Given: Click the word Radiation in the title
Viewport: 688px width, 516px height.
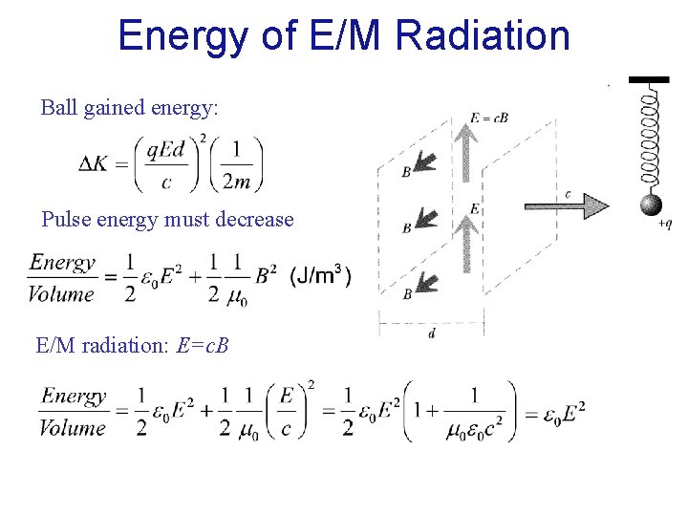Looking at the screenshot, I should coord(483,36).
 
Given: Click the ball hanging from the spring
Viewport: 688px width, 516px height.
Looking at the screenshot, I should coord(651,205).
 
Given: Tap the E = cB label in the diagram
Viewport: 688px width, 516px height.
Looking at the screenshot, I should coord(488,118).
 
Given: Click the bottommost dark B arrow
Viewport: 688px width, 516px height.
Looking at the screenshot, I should coord(423,283).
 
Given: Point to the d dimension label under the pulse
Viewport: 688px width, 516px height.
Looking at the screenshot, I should coord(432,334).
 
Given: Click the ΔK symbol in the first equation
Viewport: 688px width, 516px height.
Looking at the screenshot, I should coord(94,163).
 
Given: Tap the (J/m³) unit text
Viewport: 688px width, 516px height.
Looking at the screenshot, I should coord(320,277).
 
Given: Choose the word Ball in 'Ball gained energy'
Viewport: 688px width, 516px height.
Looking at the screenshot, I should coord(59,108).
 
